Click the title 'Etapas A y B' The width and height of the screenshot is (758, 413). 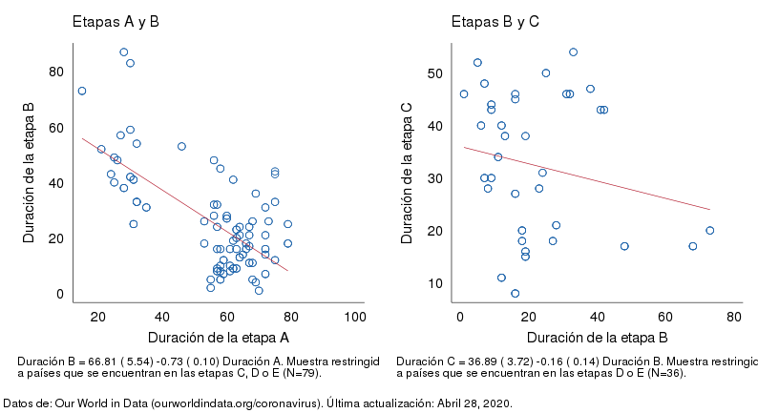click(116, 21)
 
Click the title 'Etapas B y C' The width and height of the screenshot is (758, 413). click(495, 21)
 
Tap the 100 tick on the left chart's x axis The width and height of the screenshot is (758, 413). click(354, 316)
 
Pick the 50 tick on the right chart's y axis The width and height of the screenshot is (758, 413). click(434, 73)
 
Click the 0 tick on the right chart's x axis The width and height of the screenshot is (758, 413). click(460, 316)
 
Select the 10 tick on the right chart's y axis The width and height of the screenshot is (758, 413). click(434, 283)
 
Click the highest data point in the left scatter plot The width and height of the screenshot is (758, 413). click(123, 52)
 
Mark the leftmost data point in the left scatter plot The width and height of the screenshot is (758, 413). click(82, 91)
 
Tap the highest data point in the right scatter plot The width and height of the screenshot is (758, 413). click(573, 52)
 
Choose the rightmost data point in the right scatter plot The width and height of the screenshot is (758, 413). click(709, 230)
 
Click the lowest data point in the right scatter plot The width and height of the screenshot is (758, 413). click(515, 293)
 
